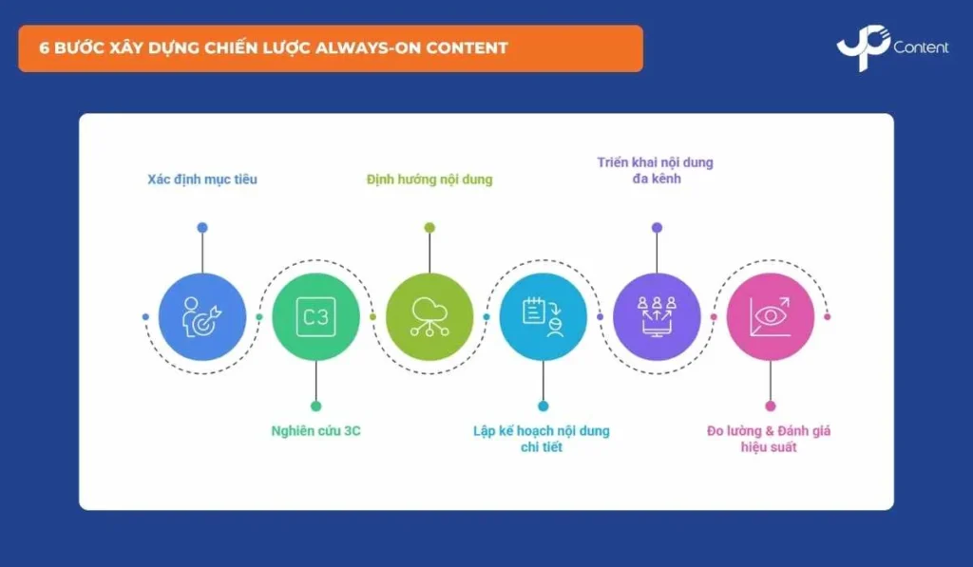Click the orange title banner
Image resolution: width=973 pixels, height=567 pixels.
pyautogui.click(x=331, y=48)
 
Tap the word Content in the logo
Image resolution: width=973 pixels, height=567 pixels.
pyautogui.click(x=921, y=47)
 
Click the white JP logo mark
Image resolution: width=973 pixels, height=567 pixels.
pyautogui.click(x=864, y=47)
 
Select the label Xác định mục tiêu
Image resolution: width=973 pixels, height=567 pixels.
pyautogui.click(x=202, y=180)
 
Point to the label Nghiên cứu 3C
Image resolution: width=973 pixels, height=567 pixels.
pyautogui.click(x=315, y=430)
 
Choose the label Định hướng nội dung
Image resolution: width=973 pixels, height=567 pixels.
pyautogui.click(x=429, y=180)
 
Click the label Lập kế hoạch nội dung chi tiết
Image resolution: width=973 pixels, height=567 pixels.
pyautogui.click(x=542, y=439)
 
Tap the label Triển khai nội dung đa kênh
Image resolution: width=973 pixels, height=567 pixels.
pyautogui.click(x=656, y=170)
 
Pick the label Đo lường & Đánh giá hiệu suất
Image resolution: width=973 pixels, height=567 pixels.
pyautogui.click(x=769, y=439)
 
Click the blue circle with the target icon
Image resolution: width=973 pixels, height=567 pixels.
pyautogui.click(x=202, y=317)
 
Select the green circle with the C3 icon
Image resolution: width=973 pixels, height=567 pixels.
pyautogui.click(x=315, y=317)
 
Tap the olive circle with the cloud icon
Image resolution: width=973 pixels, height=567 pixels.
pyautogui.click(x=429, y=317)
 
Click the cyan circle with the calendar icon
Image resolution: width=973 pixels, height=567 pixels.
pyautogui.click(x=543, y=317)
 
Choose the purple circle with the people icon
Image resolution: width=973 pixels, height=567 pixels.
pyautogui.click(x=657, y=317)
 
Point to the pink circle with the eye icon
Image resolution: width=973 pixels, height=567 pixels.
pyautogui.click(x=770, y=317)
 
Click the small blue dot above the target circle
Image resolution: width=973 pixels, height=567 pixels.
pyautogui.click(x=202, y=228)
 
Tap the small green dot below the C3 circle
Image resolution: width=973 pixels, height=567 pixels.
pyautogui.click(x=315, y=406)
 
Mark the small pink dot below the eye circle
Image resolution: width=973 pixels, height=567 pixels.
pyautogui.click(x=770, y=406)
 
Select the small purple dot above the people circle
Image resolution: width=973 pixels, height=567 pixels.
pyautogui.click(x=657, y=228)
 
